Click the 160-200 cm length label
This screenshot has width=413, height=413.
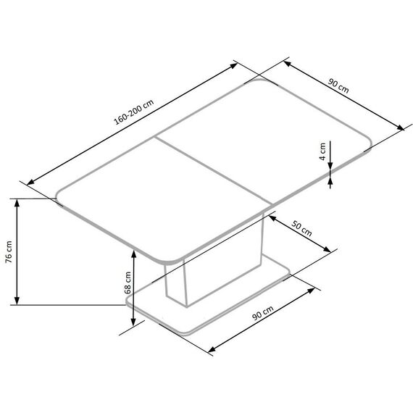[133, 112]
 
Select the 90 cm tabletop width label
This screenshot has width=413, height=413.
[338, 86]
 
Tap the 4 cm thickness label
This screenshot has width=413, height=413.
[322, 151]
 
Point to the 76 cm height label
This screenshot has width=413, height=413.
[9, 252]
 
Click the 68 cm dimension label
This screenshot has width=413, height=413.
[128, 283]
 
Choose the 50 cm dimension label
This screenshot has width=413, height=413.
[301, 229]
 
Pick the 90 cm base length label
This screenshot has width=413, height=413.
[263, 312]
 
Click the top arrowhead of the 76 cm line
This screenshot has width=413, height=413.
[17, 203]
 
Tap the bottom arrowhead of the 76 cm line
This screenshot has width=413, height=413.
[17, 301]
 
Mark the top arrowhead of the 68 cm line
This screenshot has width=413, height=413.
[134, 254]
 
